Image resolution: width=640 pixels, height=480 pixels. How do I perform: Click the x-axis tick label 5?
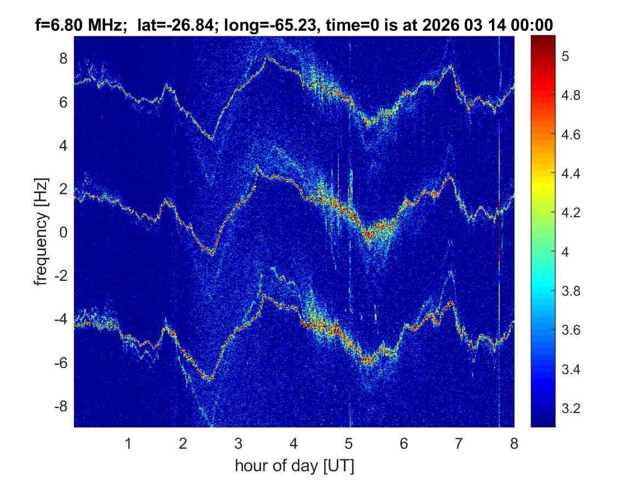[349, 443]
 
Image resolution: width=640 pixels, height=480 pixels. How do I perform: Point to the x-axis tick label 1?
[128, 443]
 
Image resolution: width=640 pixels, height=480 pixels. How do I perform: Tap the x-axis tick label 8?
[514, 443]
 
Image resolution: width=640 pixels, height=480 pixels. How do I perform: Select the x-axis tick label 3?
[239, 443]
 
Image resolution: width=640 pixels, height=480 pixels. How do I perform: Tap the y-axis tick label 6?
[64, 102]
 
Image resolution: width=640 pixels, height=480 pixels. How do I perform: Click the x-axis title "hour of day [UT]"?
[294, 466]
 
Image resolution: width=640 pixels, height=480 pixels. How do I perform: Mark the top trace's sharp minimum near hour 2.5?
[212, 139]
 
